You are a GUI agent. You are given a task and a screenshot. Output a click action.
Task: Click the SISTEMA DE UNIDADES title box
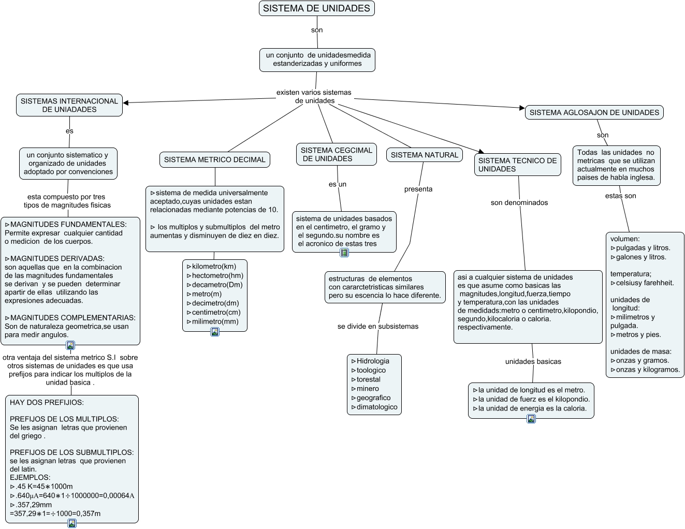point(316,8)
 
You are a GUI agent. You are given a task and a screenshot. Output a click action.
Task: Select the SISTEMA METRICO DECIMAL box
point(215,160)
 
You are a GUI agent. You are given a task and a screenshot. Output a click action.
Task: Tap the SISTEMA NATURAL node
point(424,155)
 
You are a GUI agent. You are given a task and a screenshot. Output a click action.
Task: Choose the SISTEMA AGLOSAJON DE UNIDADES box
point(594,112)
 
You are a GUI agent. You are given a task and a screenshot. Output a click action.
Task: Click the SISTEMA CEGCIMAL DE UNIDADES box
point(337,154)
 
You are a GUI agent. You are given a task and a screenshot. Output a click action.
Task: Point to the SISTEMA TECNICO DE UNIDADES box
point(518,165)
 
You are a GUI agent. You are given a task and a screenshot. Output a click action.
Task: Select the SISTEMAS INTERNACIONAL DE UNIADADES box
point(69,105)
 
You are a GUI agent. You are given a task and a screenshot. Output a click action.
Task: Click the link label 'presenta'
point(418,189)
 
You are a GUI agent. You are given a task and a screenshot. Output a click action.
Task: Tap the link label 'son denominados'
point(519,202)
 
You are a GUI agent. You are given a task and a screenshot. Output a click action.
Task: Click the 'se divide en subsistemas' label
point(377,327)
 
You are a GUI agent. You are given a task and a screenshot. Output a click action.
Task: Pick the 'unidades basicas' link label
point(533,361)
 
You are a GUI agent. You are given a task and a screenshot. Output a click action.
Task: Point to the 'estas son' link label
point(620,196)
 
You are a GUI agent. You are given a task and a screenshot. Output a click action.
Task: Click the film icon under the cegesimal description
point(344,253)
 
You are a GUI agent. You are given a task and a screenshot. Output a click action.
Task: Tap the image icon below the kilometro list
point(215,332)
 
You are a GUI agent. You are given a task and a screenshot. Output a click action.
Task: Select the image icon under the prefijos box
point(72,523)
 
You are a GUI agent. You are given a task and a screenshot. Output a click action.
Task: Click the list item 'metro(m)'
point(207,294)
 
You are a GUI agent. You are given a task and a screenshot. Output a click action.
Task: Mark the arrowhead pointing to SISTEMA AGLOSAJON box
point(522,108)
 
